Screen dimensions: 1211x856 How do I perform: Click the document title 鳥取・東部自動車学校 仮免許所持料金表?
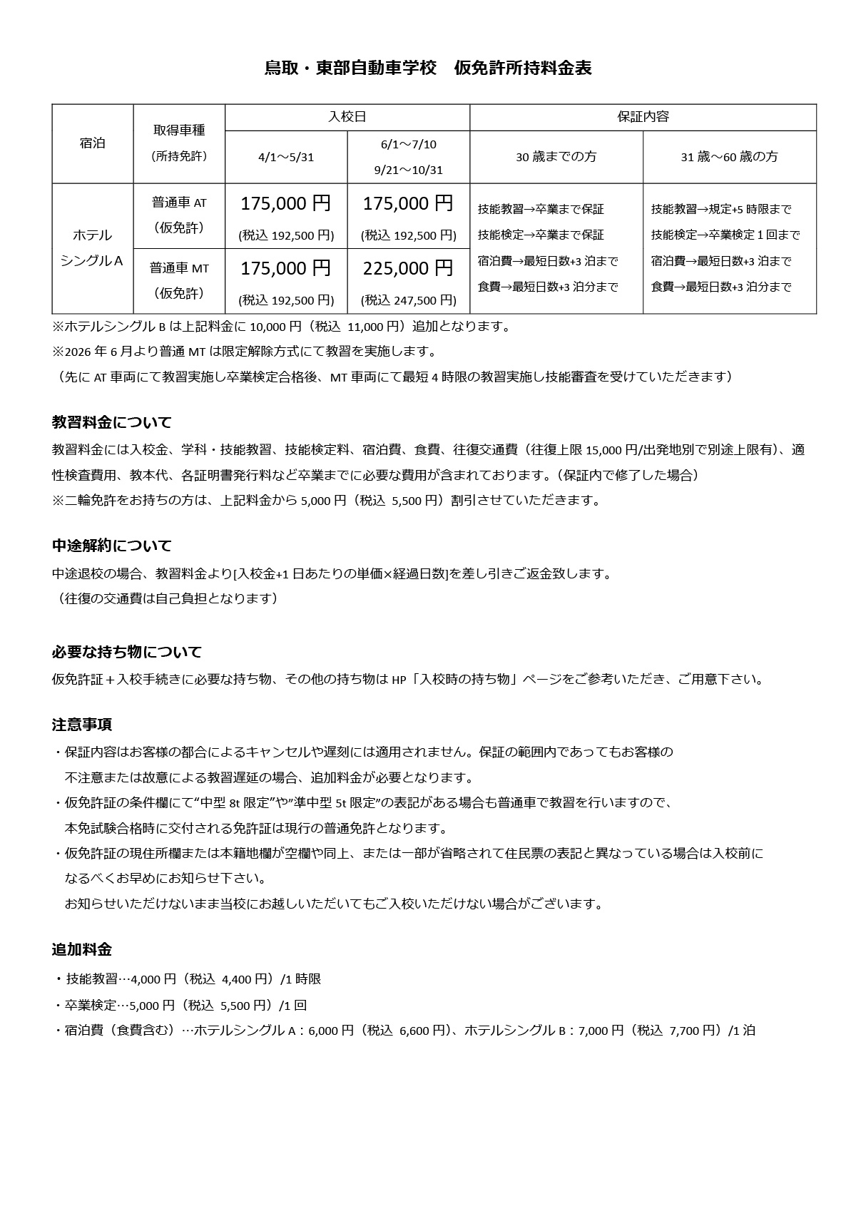pos(428,68)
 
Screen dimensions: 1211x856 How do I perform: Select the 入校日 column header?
pos(347,117)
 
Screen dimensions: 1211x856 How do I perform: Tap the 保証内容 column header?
pos(643,117)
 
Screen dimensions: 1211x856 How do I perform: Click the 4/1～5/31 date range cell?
pos(286,157)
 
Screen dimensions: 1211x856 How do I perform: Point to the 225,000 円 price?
pos(408,268)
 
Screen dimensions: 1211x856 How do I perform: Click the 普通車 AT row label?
pos(179,203)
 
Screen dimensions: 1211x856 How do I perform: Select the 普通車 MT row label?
pos(179,268)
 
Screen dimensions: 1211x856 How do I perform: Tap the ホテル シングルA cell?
pos(93,247)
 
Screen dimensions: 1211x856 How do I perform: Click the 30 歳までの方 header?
pos(556,157)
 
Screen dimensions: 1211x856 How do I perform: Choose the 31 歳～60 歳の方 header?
pos(729,157)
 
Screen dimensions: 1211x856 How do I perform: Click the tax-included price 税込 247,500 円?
pos(409,300)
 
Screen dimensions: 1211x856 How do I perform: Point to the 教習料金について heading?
pos(112,422)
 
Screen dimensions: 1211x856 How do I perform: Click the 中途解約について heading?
pos(112,546)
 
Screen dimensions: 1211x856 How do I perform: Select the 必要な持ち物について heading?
pos(127,652)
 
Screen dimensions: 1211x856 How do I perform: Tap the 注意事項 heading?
pos(82,725)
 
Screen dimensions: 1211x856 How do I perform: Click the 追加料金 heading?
pos(82,950)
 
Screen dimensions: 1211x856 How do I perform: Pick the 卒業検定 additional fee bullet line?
pos(180,1006)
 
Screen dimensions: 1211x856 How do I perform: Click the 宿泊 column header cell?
pos(93,143)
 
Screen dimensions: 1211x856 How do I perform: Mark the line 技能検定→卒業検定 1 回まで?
pos(725,235)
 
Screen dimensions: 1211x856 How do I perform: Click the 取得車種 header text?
pos(179,130)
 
